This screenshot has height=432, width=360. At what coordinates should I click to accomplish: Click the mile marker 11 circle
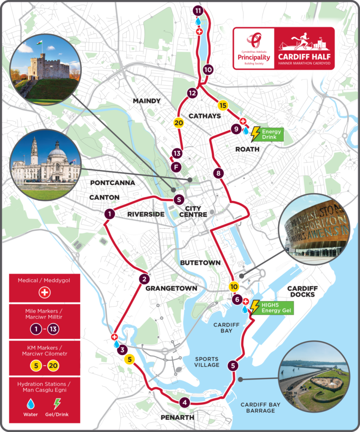pyautogui.click(x=198, y=11)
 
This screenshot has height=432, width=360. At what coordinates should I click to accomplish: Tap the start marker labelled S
pyautogui.click(x=179, y=200)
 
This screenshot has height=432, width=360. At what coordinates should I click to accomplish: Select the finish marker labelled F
pyautogui.click(x=176, y=167)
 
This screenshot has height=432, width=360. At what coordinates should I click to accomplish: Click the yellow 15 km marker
pyautogui.click(x=223, y=105)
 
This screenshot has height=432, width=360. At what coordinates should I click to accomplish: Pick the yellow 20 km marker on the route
pyautogui.click(x=178, y=123)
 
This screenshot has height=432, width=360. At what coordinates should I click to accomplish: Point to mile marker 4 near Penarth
pyautogui.click(x=184, y=402)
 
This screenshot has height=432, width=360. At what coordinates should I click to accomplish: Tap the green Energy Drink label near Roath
pyautogui.click(x=271, y=135)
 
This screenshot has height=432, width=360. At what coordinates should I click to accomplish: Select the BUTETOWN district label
pyautogui.click(x=200, y=262)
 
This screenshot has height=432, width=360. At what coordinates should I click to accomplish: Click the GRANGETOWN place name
pyautogui.click(x=171, y=288)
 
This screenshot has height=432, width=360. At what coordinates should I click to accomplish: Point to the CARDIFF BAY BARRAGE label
pyautogui.click(x=260, y=408)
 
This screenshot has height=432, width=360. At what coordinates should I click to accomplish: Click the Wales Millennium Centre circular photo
pyautogui.click(x=314, y=229)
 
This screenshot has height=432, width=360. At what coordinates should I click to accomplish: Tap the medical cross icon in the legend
pyautogui.click(x=45, y=292)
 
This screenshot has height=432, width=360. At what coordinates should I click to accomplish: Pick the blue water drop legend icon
pyautogui.click(x=30, y=403)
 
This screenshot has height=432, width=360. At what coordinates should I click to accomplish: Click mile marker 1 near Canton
pyautogui.click(x=109, y=214)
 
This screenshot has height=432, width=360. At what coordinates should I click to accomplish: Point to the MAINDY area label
pyautogui.click(x=146, y=101)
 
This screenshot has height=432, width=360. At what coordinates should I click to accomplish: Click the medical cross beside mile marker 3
pyautogui.click(x=114, y=337)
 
